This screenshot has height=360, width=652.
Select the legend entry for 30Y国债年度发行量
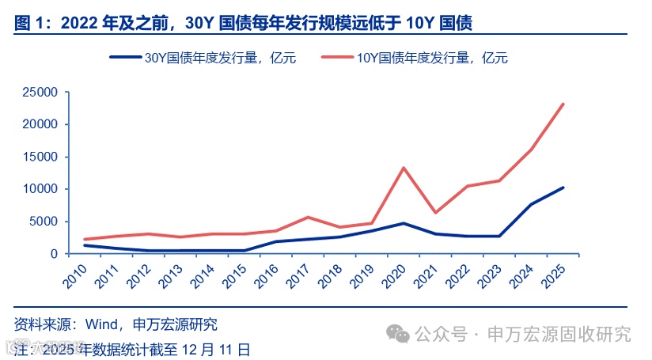coord(203,57)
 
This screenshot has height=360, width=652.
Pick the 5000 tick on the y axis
coord(44,222)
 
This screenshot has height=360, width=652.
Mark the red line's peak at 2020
coord(404,168)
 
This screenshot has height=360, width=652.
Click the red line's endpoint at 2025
coord(563,104)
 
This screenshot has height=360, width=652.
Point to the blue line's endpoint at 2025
coord(563,188)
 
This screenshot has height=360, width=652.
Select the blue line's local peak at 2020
coord(404,223)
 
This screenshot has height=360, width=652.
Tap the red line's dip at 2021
coord(435,212)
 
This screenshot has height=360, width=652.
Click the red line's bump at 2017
coord(308,217)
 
